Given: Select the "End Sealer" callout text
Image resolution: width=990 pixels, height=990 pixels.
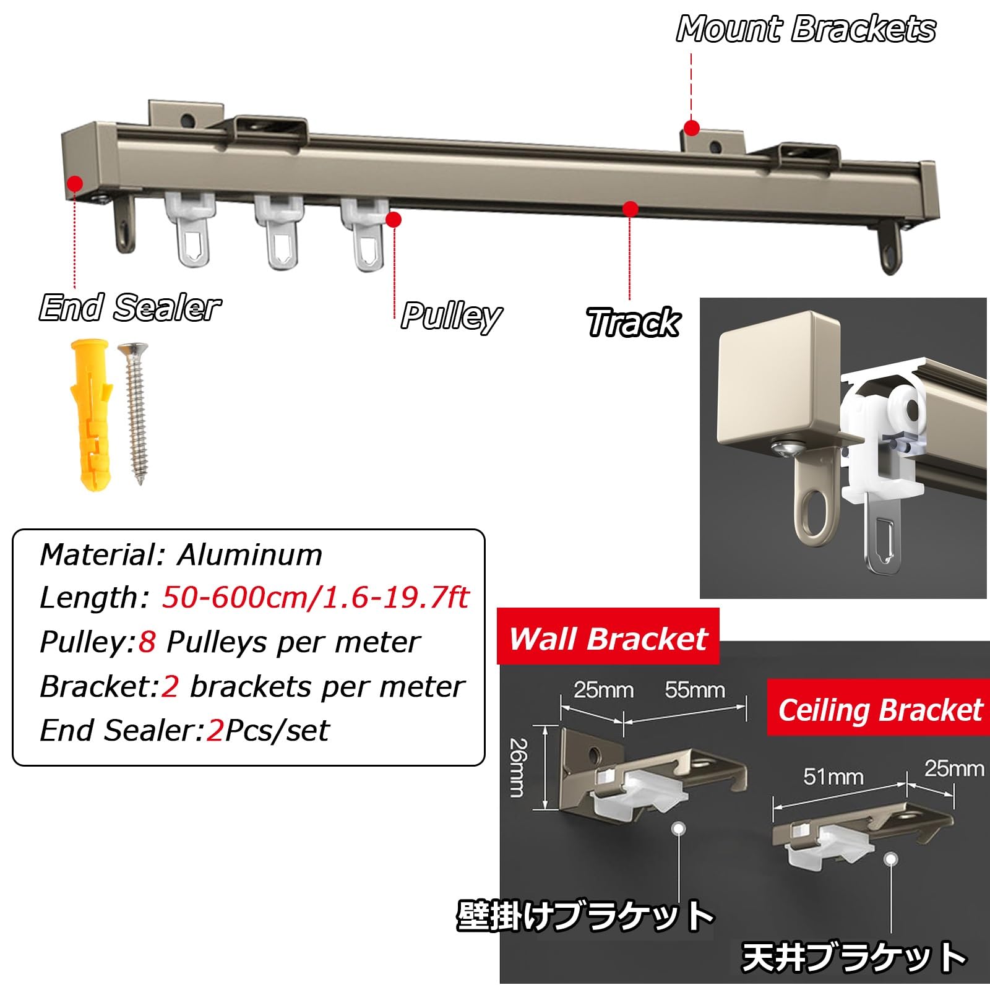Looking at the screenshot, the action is [x=130, y=308].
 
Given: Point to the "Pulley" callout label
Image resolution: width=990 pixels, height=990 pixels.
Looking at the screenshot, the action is [x=451, y=316].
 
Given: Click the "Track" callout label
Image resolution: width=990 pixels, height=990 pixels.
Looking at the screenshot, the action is [x=633, y=322].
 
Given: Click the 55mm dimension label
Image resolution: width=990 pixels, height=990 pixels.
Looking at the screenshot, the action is [x=695, y=689].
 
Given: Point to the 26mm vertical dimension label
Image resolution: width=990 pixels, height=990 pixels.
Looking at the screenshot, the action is [x=518, y=767].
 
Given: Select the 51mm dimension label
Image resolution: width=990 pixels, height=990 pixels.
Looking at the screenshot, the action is [x=833, y=777].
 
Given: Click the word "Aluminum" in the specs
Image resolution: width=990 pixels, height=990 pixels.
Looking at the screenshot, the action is [x=249, y=555].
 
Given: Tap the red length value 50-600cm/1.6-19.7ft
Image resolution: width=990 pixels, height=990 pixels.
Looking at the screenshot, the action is [x=316, y=598].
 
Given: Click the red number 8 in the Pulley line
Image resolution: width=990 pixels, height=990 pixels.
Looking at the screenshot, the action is [x=147, y=642].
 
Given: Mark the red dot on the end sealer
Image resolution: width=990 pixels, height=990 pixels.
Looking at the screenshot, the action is [x=75, y=184].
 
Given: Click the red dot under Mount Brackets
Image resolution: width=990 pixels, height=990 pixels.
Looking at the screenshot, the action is [x=692, y=128].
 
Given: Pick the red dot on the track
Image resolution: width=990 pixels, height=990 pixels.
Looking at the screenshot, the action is [x=631, y=209].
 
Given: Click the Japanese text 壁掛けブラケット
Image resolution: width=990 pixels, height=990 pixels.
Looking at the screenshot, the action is [x=585, y=916].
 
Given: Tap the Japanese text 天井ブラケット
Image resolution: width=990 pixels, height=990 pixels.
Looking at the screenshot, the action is [x=854, y=958].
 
